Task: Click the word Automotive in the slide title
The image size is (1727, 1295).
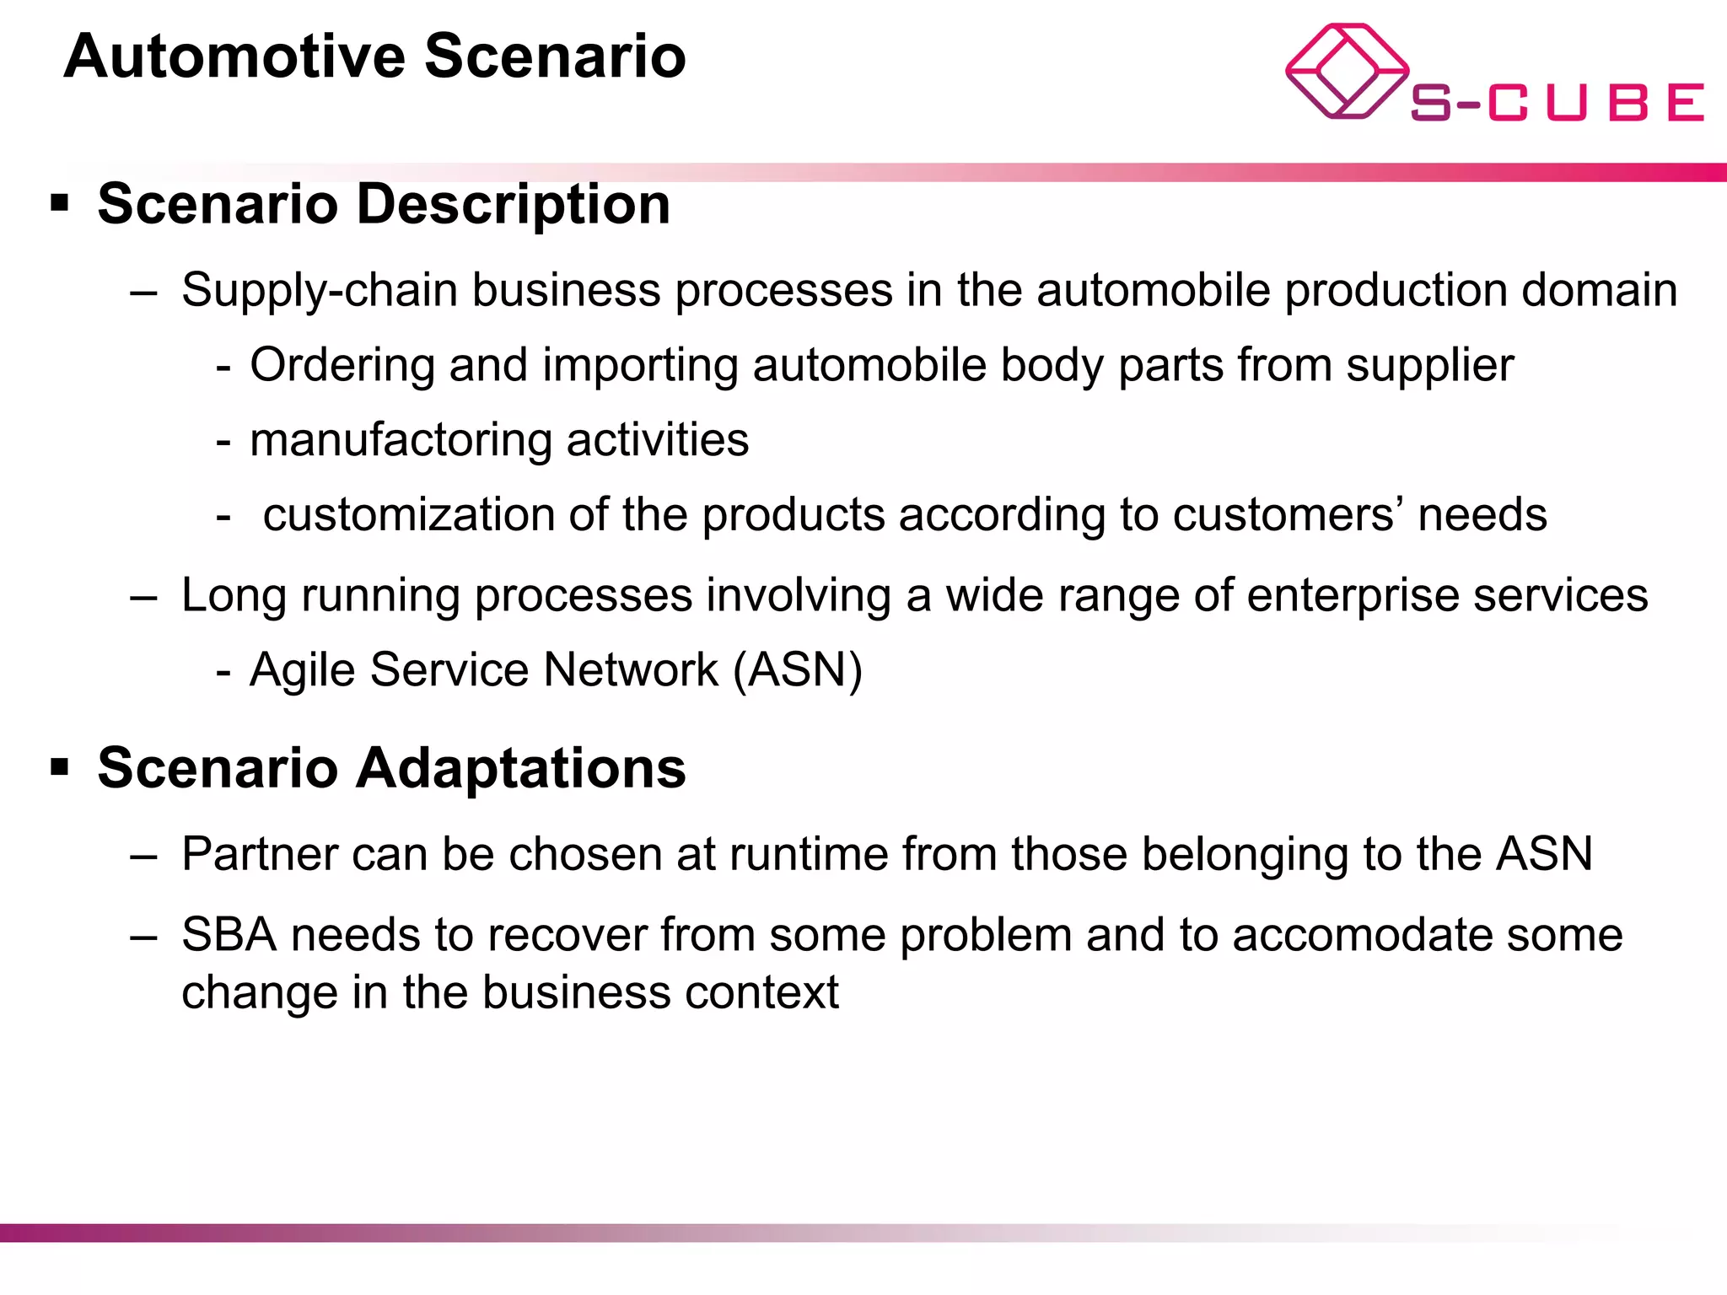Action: point(235,57)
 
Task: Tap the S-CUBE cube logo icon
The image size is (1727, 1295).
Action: point(1347,72)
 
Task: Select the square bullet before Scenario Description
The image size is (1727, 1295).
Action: point(59,203)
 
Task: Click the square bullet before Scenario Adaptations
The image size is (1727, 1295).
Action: point(59,767)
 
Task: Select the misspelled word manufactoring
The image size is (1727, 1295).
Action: point(401,440)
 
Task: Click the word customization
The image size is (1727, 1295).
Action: point(408,515)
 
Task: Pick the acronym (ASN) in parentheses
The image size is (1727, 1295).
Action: point(798,670)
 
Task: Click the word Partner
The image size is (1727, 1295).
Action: point(259,854)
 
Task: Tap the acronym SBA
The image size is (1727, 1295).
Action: point(229,935)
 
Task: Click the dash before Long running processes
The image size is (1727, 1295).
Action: point(144,597)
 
